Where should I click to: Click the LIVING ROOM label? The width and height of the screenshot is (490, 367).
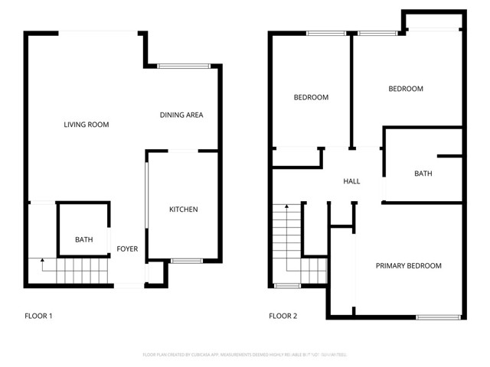tap(86, 125)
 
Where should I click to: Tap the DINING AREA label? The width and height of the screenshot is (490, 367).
tap(181, 115)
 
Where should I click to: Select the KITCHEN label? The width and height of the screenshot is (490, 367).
tap(184, 209)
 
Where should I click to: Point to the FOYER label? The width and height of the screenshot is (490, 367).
tap(126, 249)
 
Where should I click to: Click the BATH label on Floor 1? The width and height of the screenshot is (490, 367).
tap(83, 240)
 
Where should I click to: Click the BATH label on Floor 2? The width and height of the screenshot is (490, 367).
tap(423, 174)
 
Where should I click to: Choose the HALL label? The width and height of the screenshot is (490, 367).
tap(351, 181)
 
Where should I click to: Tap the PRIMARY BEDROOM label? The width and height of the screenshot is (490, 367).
tap(408, 266)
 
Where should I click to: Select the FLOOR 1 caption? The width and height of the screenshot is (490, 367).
tap(38, 316)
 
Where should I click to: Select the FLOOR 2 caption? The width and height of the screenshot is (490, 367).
tap(283, 316)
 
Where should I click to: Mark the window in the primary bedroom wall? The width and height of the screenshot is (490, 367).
tap(439, 317)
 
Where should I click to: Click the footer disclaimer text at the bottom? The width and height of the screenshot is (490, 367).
tap(245, 355)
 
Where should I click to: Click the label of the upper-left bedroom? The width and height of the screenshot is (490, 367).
tap(312, 97)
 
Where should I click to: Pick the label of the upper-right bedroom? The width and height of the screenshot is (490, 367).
tap(405, 89)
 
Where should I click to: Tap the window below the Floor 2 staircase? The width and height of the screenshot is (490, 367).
tap(287, 286)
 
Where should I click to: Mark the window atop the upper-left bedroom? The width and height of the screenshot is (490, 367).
tap(325, 33)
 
